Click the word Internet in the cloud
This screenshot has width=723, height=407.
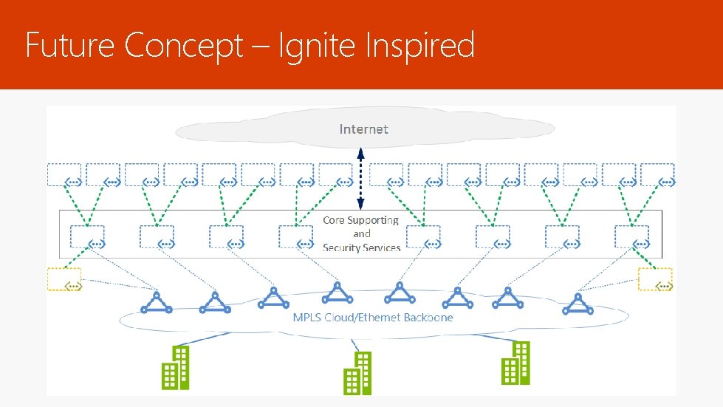(363, 129)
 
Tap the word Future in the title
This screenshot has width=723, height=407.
(71, 46)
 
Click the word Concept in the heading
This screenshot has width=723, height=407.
(183, 46)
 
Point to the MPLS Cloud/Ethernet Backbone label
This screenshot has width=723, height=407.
(372, 318)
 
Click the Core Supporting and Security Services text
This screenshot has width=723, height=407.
(361, 233)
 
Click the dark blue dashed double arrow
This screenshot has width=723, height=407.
(360, 179)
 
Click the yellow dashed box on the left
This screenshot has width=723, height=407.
(64, 279)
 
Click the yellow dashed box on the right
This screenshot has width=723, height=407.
(655, 279)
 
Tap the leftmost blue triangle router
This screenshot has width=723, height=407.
(157, 301)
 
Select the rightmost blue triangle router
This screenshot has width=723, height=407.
(576, 303)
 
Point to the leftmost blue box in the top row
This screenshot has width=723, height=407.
(65, 174)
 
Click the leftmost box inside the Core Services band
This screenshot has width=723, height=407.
(87, 236)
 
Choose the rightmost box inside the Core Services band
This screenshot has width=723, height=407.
(632, 236)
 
